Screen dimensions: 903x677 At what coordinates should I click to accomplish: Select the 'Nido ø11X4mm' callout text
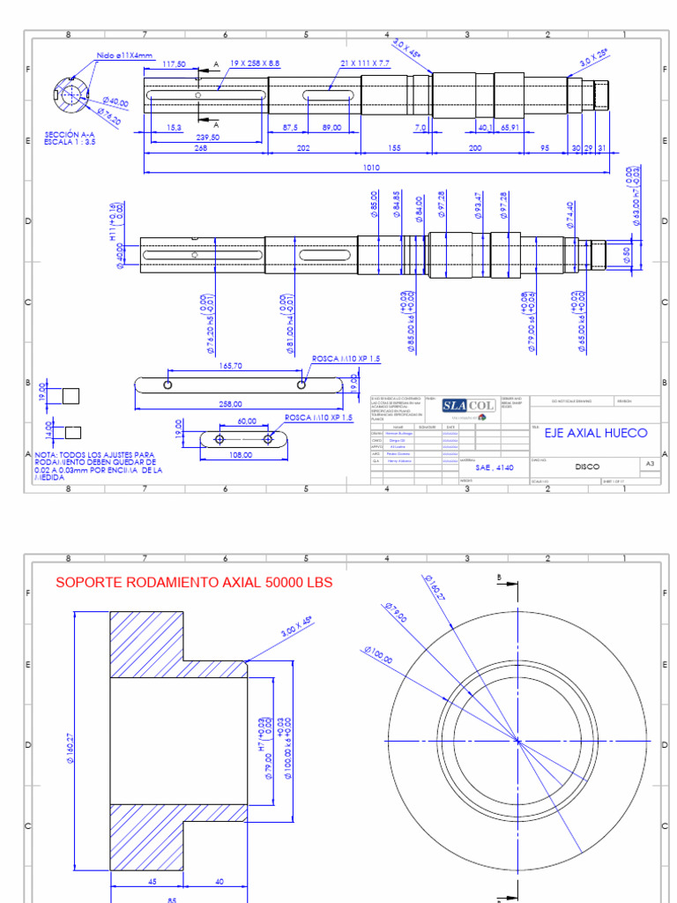(x=125, y=56)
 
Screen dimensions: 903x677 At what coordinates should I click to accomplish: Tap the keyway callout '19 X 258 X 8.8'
(x=255, y=63)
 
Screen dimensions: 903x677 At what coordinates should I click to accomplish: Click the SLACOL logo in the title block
(x=468, y=405)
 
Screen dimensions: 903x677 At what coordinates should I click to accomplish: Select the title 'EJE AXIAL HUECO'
(x=595, y=433)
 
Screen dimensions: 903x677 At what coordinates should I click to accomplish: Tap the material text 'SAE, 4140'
(x=494, y=467)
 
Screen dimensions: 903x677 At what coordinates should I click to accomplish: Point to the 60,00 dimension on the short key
(x=246, y=422)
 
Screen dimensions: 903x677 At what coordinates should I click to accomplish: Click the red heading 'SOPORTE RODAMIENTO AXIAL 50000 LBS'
(x=195, y=583)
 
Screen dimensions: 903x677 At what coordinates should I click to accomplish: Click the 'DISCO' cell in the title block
(x=587, y=466)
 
